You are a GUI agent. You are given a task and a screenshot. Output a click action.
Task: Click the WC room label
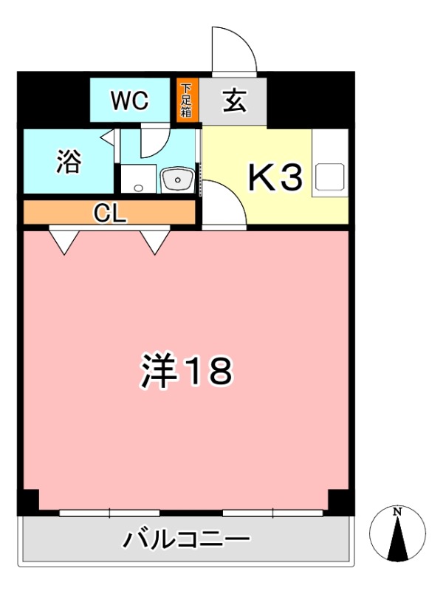[130, 100]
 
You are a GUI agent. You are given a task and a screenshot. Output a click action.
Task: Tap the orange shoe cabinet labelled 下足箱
[185, 100]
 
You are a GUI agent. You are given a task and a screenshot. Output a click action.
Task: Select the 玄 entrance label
[234, 100]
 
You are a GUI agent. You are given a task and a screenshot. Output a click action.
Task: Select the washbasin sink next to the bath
[176, 180]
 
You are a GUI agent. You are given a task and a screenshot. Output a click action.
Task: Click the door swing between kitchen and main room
[222, 208]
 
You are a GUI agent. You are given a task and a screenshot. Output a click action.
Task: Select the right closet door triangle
[155, 239]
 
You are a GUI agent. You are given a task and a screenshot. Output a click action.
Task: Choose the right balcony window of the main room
[273, 512]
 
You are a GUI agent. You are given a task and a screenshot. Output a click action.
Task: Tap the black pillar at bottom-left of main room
[29, 503]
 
